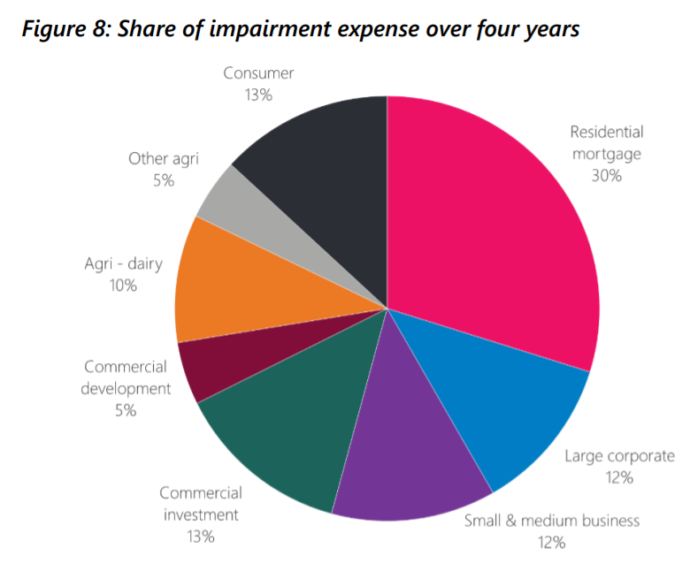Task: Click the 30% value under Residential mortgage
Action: tap(607, 175)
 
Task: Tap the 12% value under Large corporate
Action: tap(619, 478)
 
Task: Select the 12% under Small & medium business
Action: tap(551, 542)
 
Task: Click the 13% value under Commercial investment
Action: tap(199, 536)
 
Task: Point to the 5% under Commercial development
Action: tap(125, 410)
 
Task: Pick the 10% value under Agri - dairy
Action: tap(123, 285)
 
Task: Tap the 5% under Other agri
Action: tap(163, 180)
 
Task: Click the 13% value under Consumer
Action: tap(258, 95)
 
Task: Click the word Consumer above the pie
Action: tap(258, 73)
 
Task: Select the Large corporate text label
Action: tap(619, 457)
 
